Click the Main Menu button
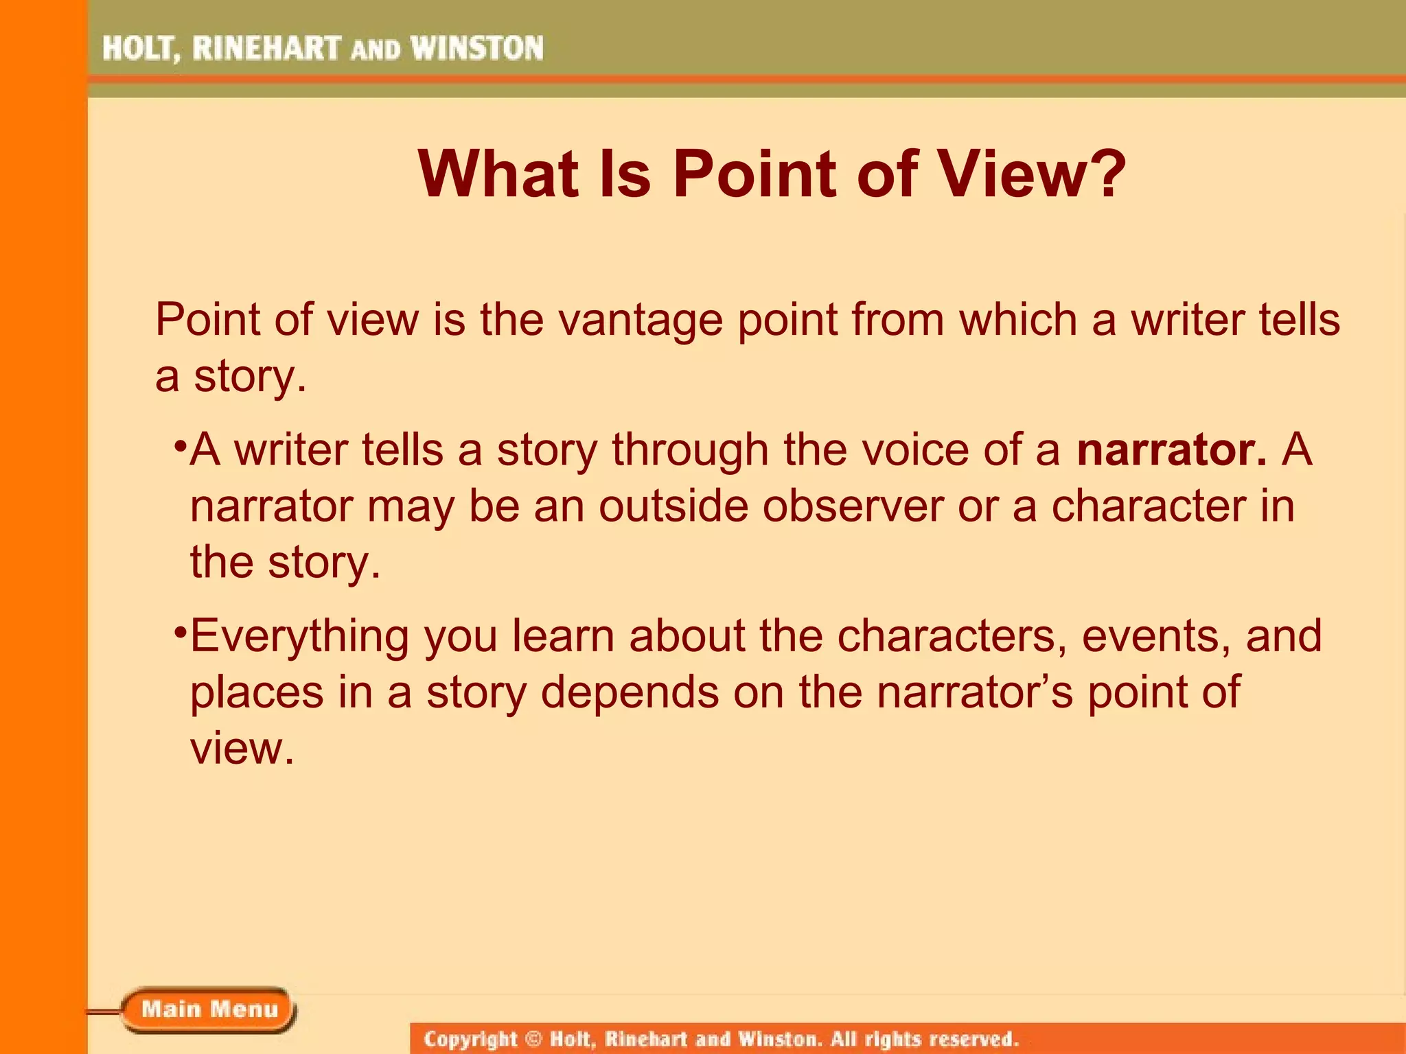(x=209, y=1009)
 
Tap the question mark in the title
(x=1103, y=174)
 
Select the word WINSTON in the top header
(x=477, y=49)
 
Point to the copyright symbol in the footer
(x=533, y=1038)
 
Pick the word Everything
(x=299, y=637)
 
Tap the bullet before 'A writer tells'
(x=180, y=447)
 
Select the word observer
(x=852, y=506)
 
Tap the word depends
(x=630, y=692)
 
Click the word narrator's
(x=975, y=692)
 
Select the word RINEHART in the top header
(x=266, y=49)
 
